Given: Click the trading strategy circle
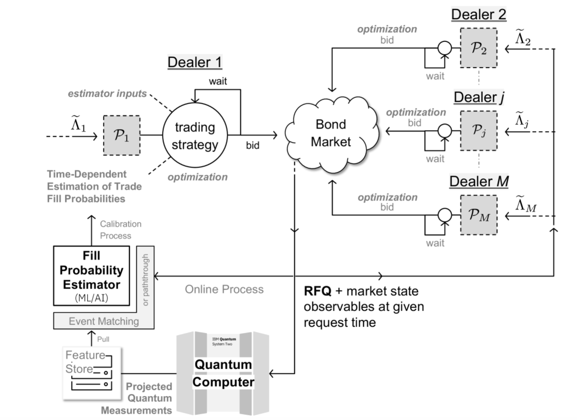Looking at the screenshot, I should [195, 135].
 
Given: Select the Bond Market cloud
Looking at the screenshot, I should [330, 134].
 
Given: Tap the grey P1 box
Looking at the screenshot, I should [122, 136].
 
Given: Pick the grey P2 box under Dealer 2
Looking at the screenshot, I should [478, 48].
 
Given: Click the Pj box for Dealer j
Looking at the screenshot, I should [478, 130].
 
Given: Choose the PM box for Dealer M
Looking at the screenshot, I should [478, 215].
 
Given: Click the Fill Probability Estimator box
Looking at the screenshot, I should [92, 276].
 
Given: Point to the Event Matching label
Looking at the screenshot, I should [104, 321].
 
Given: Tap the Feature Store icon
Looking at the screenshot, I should [92, 373].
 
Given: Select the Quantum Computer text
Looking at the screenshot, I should [223, 373].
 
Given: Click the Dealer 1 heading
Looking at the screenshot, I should [195, 62].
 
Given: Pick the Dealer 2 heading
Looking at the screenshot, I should [478, 14].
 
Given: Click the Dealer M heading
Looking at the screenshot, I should [479, 181].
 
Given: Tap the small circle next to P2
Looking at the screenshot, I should [444, 48].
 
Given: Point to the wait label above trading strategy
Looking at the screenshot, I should [218, 81].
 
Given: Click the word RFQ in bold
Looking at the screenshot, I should [318, 291].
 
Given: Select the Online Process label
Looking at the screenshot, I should [224, 290].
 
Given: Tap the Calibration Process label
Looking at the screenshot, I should [120, 230].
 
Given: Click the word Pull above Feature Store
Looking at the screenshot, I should [103, 339].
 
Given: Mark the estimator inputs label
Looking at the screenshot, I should [107, 94].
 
